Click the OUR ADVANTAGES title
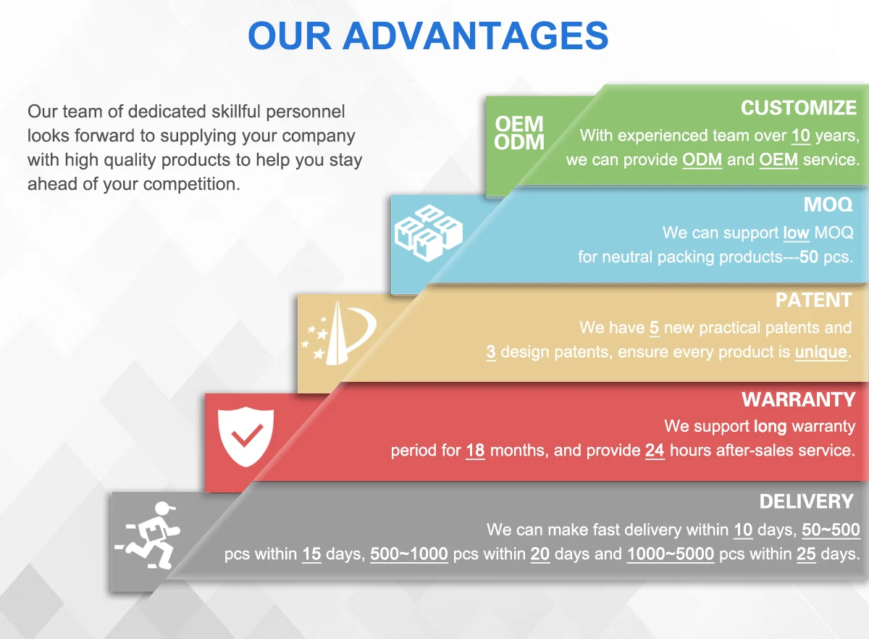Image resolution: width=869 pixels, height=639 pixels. click(428, 35)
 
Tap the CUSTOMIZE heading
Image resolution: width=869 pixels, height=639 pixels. click(799, 108)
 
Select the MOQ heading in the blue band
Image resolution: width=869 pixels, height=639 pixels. click(828, 204)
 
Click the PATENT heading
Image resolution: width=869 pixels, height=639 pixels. click(814, 300)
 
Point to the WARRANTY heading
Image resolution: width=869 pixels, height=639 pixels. click(798, 399)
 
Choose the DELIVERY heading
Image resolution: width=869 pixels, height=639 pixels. click(807, 501)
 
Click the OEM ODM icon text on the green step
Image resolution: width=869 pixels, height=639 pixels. click(519, 133)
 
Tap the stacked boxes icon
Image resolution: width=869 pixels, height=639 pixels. click(429, 233)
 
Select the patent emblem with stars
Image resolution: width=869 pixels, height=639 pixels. click(339, 333)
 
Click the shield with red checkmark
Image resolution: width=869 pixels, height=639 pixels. click(245, 436)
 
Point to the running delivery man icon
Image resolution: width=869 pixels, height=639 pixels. click(148, 535)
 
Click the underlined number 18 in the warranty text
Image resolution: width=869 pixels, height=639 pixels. click(475, 451)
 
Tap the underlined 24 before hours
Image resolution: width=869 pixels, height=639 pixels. click(655, 451)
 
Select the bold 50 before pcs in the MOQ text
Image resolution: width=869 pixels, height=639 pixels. click(809, 257)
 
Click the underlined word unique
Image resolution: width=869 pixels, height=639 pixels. click(821, 352)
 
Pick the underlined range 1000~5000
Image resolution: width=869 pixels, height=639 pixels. click(671, 554)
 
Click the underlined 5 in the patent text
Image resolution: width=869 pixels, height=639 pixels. click(655, 328)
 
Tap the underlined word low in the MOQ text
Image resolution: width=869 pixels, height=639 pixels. click(796, 233)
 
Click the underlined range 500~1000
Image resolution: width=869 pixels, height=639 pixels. click(409, 554)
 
